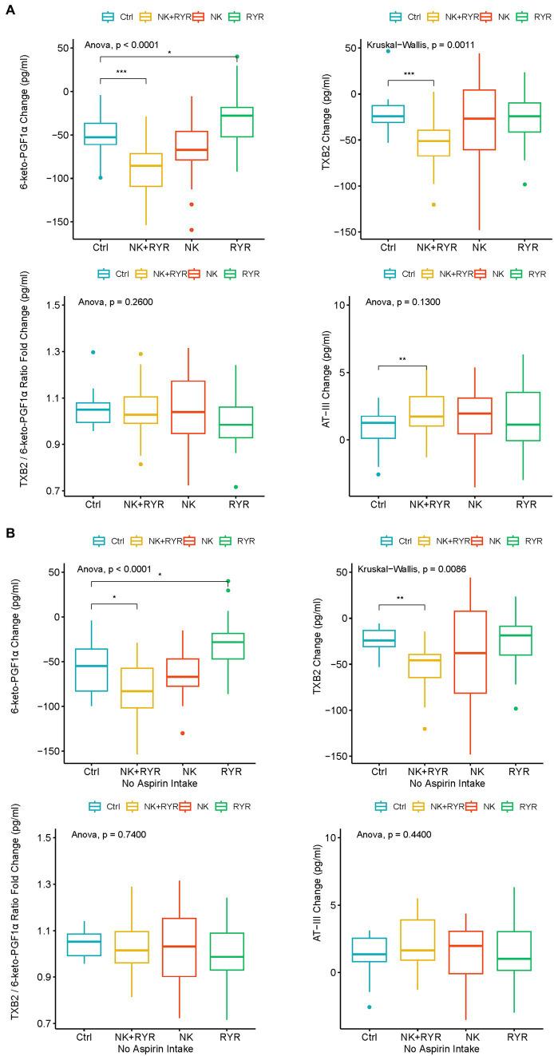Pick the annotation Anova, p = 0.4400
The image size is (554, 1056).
[x=398, y=834]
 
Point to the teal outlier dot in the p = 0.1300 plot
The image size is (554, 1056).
[x=378, y=474]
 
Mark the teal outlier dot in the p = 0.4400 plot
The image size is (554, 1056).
[x=369, y=1007]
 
